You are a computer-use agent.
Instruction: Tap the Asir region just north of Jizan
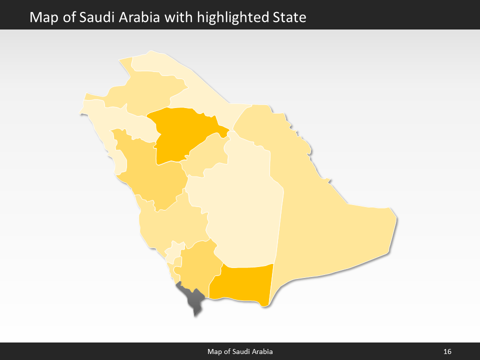(197, 265)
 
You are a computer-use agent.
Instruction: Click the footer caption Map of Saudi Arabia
(240, 352)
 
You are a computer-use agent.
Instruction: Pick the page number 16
(447, 352)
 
